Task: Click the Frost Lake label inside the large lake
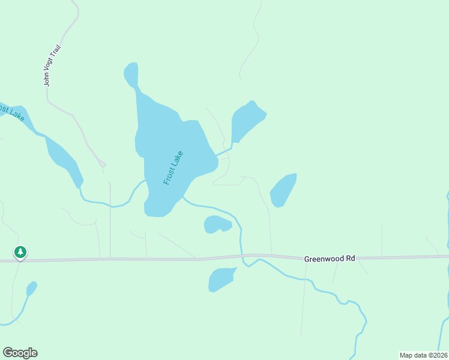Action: point(173,167)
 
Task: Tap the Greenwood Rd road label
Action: point(330,259)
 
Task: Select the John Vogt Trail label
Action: point(53,65)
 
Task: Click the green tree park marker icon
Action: point(21,252)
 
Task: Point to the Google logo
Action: point(20,353)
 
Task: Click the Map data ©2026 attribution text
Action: point(423,355)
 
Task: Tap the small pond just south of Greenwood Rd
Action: point(220,280)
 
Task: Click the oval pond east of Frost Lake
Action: point(283,190)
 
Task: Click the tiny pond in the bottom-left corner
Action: point(32,289)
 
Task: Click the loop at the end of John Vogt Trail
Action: point(102,164)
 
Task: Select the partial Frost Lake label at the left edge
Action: point(11,112)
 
